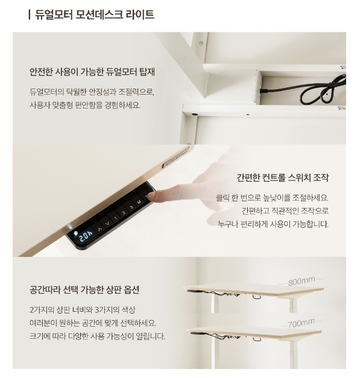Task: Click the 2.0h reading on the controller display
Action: pos(86,236)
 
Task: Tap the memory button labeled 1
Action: pos(116,218)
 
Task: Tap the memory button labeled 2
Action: pos(123,213)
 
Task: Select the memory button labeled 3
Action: pos(131,207)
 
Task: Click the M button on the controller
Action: pos(139,202)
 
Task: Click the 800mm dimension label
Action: pos(302,281)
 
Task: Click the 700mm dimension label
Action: pos(301,323)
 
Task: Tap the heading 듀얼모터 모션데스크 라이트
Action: pos(94,14)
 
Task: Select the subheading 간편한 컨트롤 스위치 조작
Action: pos(282,178)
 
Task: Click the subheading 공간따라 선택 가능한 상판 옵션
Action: pos(84,289)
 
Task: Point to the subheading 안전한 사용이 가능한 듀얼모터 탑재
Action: pos(92,72)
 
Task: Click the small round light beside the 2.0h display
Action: pos(75,233)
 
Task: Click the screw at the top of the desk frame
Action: pos(201,43)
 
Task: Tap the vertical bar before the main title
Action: pos(29,14)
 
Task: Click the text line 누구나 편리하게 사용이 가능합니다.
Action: pos(273,224)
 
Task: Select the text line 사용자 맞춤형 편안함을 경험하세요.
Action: pos(85,105)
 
